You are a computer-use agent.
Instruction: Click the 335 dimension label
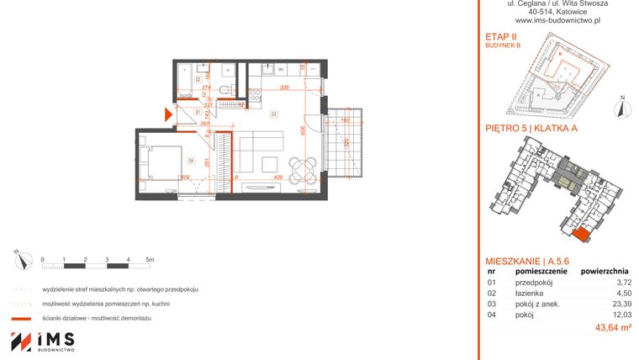pos(285,87)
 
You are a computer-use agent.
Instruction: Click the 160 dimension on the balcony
pos(346,120)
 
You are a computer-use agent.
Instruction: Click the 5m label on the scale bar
pos(150,259)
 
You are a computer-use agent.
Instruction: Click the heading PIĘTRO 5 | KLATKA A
pos(532,129)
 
